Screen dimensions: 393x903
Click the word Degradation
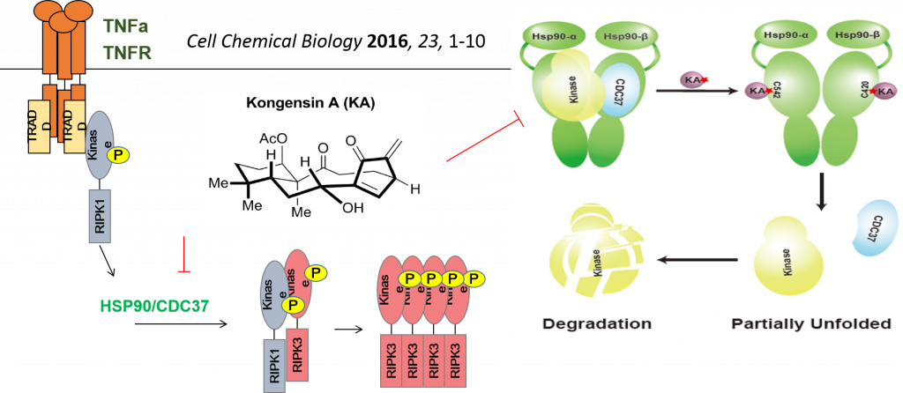pos(596,323)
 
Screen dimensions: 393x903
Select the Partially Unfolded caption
pos(811,323)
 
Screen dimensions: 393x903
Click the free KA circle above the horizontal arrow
pos(692,81)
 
